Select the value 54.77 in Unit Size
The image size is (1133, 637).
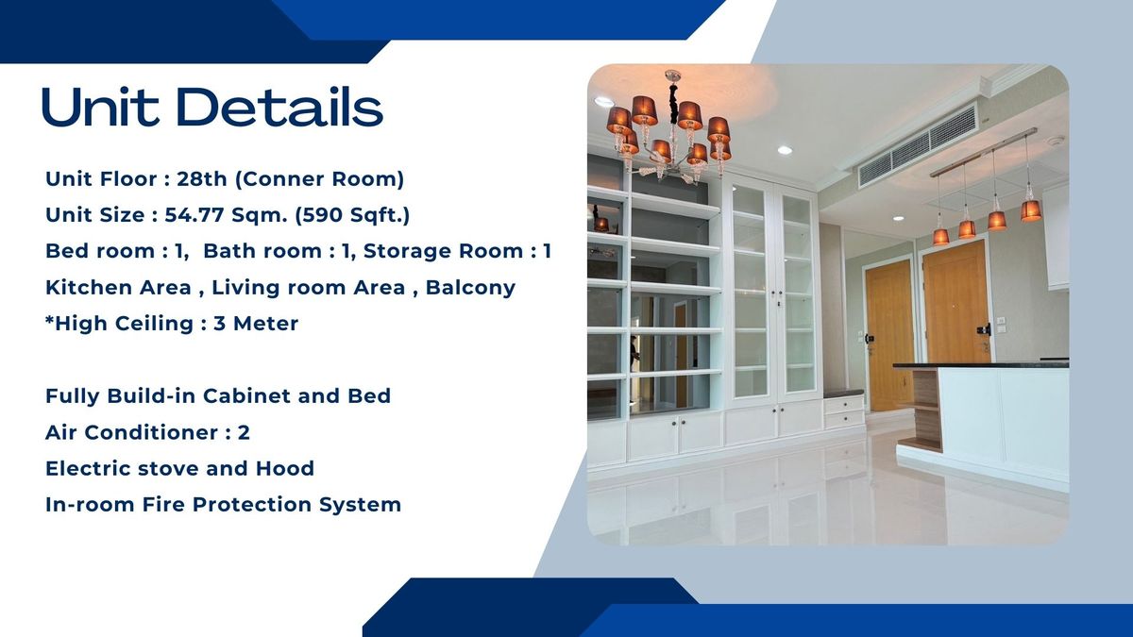[194, 215]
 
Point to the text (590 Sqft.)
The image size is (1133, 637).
[352, 215]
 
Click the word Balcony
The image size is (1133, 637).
[470, 287]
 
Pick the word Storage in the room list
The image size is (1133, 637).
[407, 251]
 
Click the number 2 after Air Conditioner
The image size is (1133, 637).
[244, 432]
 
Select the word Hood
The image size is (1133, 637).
[285, 468]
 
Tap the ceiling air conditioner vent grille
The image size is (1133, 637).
[919, 146]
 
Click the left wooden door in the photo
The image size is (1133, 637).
[888, 335]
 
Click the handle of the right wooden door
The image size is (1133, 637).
[984, 329]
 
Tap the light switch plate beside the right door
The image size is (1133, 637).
[1001, 325]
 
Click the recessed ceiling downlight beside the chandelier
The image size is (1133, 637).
[785, 150]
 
